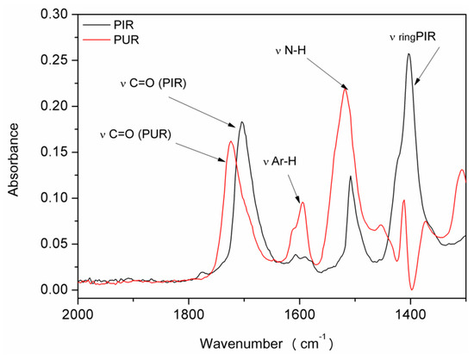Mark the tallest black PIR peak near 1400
pyautogui.click(x=409, y=54)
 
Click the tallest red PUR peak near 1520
pyautogui.click(x=346, y=89)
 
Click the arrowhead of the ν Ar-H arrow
pyautogui.click(x=300, y=200)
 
